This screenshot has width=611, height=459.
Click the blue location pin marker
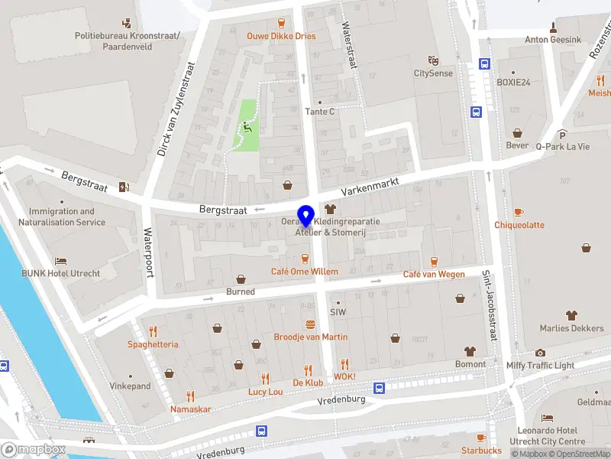(306, 217)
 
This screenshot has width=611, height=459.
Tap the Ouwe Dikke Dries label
(280, 36)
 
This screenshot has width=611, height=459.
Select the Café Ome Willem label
(304, 272)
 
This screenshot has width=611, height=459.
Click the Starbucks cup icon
(480, 438)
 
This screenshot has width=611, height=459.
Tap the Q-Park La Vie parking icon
(562, 134)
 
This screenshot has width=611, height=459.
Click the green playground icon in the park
(246, 127)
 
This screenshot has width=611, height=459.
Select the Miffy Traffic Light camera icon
(540, 353)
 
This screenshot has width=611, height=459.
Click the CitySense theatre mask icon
(433, 60)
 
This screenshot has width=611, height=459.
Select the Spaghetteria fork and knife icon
(153, 331)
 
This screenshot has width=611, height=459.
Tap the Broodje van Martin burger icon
(310, 324)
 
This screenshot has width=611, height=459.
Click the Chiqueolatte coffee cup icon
(519, 212)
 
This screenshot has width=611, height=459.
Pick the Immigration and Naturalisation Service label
(62, 216)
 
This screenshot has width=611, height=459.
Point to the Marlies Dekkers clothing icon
(571, 315)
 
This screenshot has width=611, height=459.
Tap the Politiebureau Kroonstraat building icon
(127, 23)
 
